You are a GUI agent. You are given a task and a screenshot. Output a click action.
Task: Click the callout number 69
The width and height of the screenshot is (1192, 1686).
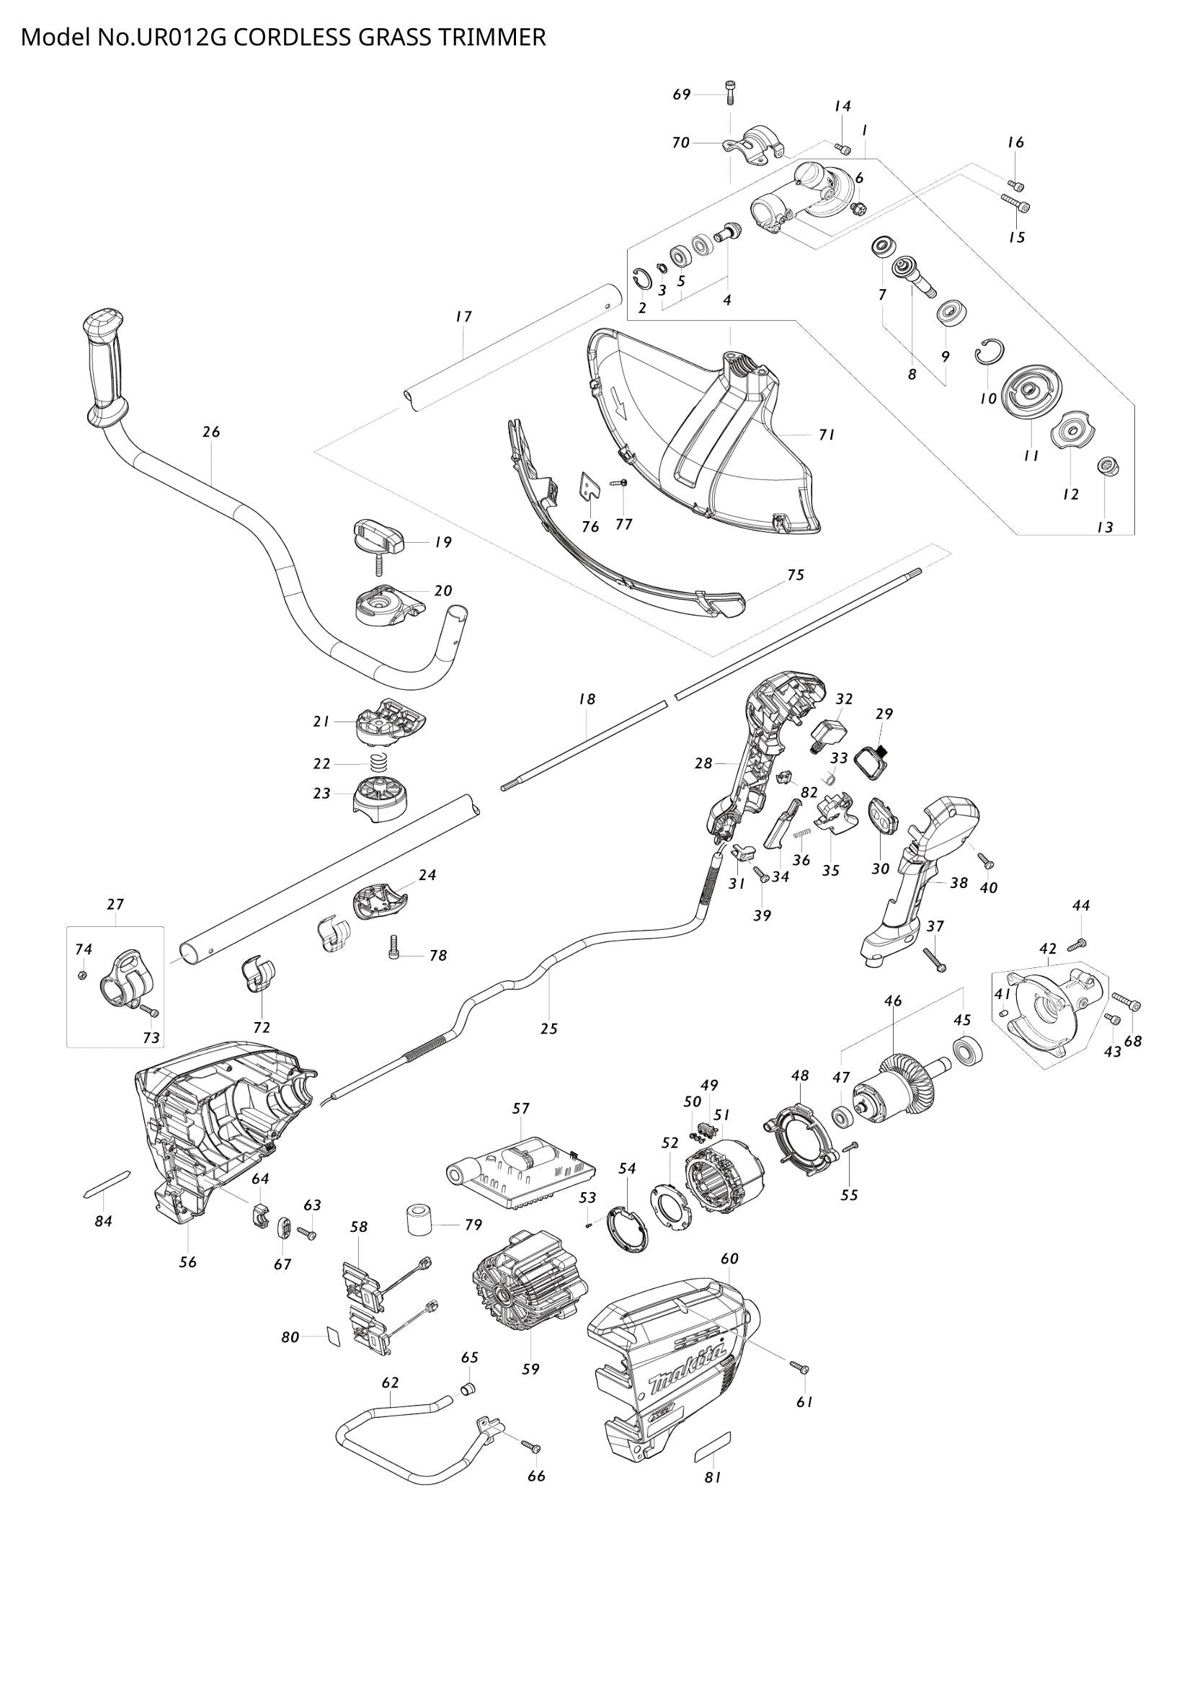(x=682, y=94)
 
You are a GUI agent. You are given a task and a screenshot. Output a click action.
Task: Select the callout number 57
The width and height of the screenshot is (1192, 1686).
(x=520, y=1109)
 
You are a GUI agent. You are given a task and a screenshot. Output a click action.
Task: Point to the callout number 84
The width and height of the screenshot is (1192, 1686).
(x=104, y=1221)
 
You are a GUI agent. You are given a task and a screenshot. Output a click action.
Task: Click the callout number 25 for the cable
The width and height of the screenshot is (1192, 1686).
(x=548, y=1028)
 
